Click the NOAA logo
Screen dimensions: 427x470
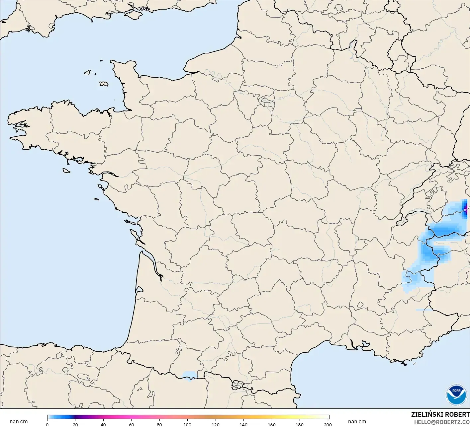[x=456, y=395]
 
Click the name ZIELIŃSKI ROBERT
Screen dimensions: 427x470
[x=440, y=415]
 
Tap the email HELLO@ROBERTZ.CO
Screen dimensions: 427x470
[x=442, y=422]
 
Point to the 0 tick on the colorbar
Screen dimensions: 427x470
[x=47, y=425]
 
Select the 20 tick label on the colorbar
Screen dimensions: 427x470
[x=75, y=425]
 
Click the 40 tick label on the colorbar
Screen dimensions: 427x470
[x=103, y=425]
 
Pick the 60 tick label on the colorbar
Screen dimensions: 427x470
[x=132, y=425]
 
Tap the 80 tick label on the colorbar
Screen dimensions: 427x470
[x=159, y=425]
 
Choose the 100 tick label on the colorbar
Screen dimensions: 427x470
[x=187, y=425]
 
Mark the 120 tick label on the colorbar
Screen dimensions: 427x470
[x=216, y=425]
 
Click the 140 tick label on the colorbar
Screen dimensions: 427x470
[x=243, y=425]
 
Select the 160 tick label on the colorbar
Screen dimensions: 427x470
[x=272, y=425]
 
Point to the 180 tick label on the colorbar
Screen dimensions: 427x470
[x=300, y=425]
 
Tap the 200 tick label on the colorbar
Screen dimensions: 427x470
[x=328, y=425]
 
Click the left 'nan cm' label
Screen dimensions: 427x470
[x=19, y=422]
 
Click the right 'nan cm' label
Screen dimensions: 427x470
[x=357, y=422]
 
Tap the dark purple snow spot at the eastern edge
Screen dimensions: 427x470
[x=465, y=208]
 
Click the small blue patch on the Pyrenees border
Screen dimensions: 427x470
[x=190, y=375]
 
